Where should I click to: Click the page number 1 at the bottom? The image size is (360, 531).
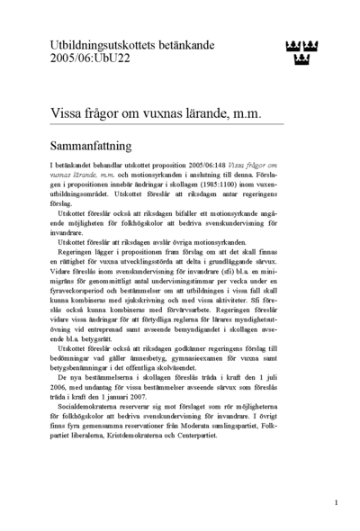click(336, 502)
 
